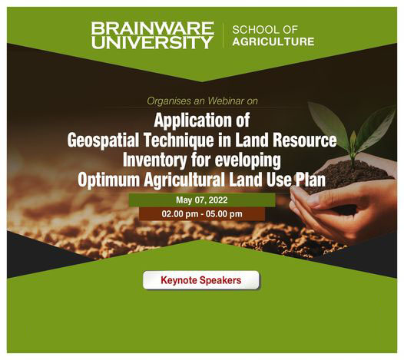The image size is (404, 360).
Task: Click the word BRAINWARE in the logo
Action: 152,28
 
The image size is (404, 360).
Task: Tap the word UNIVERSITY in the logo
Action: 152,42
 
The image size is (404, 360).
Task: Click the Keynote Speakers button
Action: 200,280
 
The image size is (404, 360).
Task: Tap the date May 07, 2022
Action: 201,200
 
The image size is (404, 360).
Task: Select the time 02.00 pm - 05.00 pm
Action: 201,213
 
